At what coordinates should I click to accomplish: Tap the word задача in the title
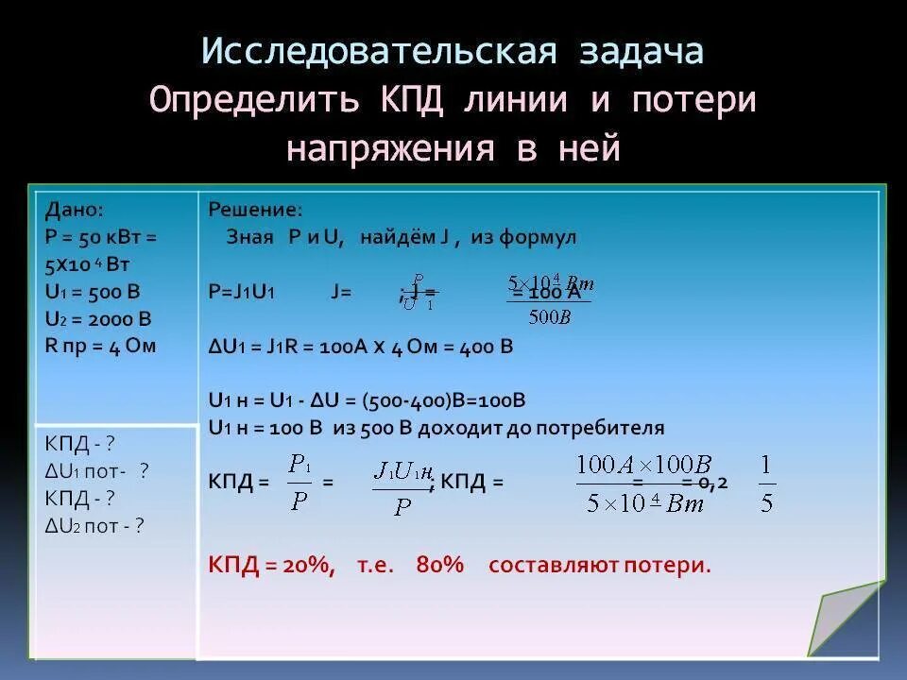click(642, 52)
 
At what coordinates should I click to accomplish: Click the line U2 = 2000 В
click(98, 318)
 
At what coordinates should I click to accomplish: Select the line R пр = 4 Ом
click(101, 346)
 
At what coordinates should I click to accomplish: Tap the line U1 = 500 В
click(94, 292)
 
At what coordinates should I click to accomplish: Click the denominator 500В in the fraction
click(549, 317)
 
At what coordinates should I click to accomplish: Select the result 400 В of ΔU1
click(487, 347)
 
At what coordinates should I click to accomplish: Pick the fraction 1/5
click(765, 483)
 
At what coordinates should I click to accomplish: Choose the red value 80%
click(439, 566)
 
